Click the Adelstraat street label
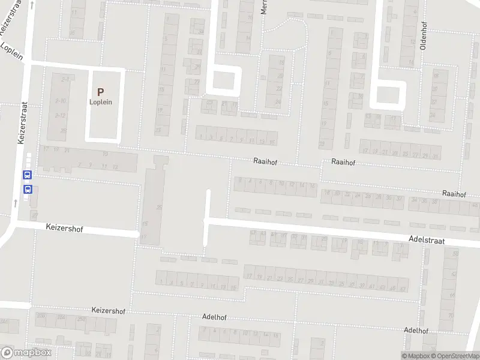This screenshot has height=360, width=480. point(425,239)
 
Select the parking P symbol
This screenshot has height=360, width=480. point(101,92)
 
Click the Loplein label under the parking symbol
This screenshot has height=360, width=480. point(101,102)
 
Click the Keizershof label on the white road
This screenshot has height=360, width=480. point(64,229)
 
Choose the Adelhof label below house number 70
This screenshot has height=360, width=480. point(416,331)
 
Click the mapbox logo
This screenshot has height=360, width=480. point(27,353)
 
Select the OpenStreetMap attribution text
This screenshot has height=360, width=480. point(455,356)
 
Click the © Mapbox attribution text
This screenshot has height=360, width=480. point(415,356)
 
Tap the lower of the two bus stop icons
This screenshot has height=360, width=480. point(27,189)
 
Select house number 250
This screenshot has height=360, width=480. point(41,316)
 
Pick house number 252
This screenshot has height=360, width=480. point(61,316)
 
